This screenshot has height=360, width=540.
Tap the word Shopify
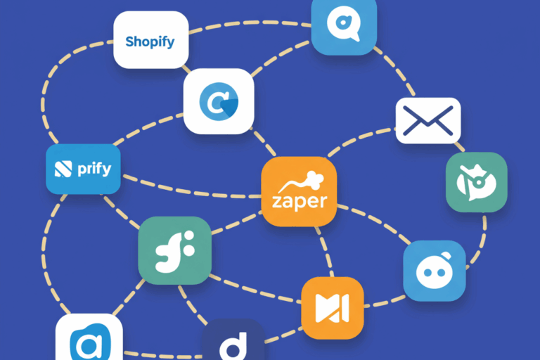point(150,41)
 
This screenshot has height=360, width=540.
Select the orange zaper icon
point(299,191)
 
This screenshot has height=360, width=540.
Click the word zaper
point(299,202)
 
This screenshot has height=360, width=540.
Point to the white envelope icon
point(427,120)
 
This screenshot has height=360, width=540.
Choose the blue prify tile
point(83,169)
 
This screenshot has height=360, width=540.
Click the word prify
point(94,169)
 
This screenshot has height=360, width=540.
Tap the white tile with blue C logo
point(219,101)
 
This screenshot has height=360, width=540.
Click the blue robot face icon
point(434,271)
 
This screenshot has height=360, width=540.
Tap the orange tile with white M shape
point(332,308)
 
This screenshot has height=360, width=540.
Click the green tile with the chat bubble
point(476,182)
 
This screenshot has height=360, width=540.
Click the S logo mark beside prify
point(63,169)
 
